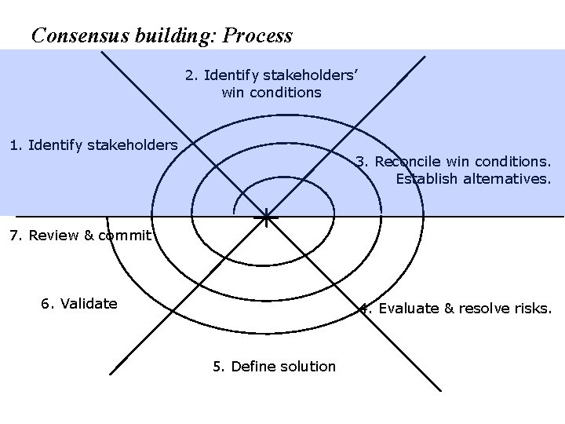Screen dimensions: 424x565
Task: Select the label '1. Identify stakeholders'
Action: point(93,144)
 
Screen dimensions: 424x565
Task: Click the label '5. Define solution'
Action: point(274,366)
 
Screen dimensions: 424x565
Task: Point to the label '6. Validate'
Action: point(79,303)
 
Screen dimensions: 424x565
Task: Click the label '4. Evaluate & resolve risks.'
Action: point(456,308)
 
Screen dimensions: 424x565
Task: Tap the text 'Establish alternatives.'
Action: point(473,178)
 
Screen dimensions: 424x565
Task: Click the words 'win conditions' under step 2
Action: point(272,93)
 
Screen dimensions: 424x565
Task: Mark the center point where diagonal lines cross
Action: point(267,216)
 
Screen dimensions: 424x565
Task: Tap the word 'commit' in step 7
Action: point(126,235)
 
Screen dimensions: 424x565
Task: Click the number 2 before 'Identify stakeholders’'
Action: point(190,75)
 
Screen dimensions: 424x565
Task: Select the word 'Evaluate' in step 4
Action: point(408,308)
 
